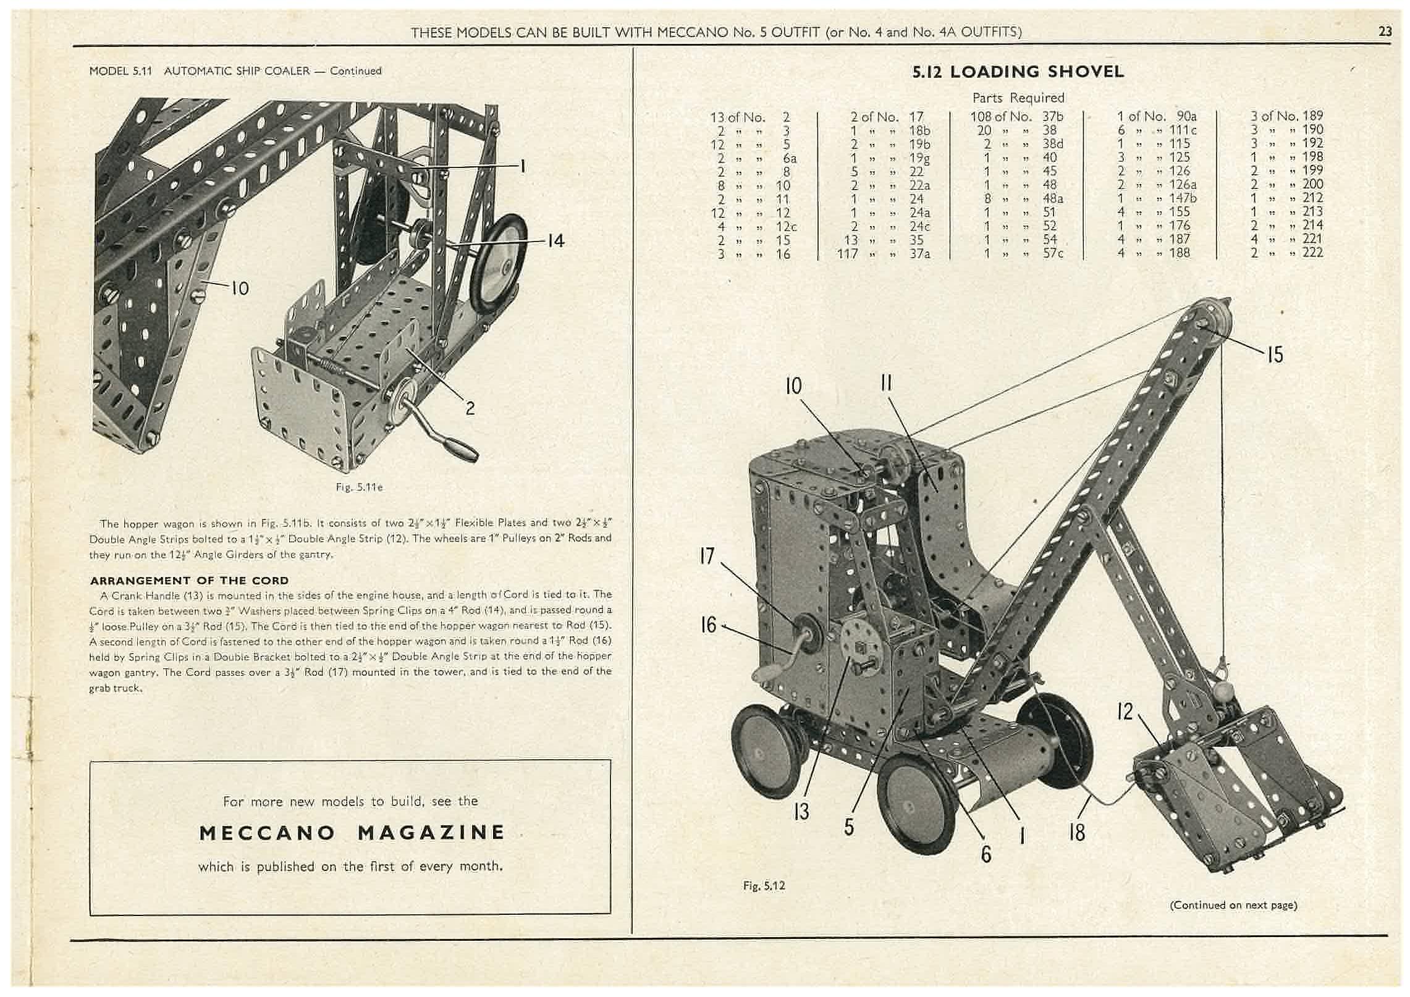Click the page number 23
pyautogui.click(x=1385, y=32)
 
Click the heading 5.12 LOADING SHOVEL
pyautogui.click(x=1018, y=72)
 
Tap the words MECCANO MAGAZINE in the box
pyautogui.click(x=352, y=832)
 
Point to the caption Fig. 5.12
pyautogui.click(x=764, y=886)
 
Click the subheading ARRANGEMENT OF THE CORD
pyautogui.click(x=189, y=581)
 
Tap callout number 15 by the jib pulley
pyautogui.click(x=1274, y=354)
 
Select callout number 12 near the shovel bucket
pyautogui.click(x=1125, y=712)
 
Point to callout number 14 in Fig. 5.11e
pyautogui.click(x=555, y=241)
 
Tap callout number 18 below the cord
pyautogui.click(x=1076, y=833)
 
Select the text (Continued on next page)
pyautogui.click(x=1233, y=905)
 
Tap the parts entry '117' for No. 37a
pyautogui.click(x=847, y=253)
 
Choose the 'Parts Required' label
pyautogui.click(x=1018, y=98)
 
